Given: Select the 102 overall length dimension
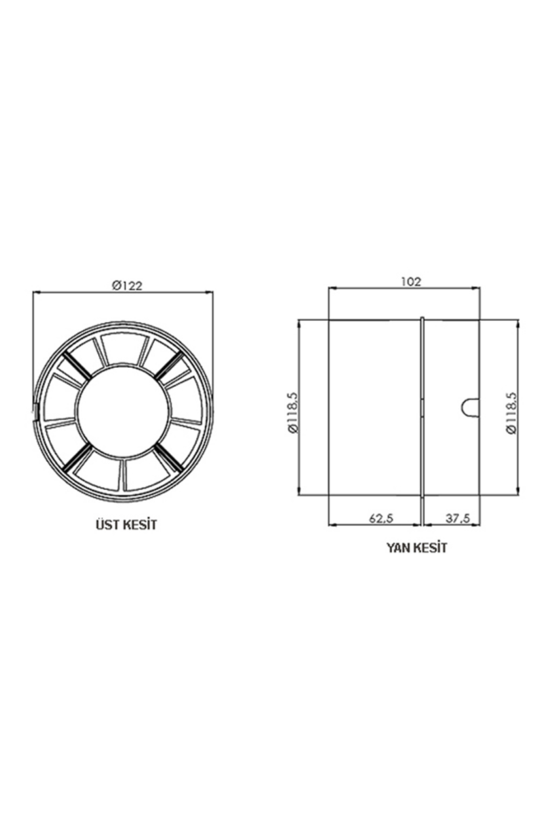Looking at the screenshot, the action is pyautogui.click(x=411, y=282).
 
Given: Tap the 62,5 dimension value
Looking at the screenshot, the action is pyautogui.click(x=381, y=519).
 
